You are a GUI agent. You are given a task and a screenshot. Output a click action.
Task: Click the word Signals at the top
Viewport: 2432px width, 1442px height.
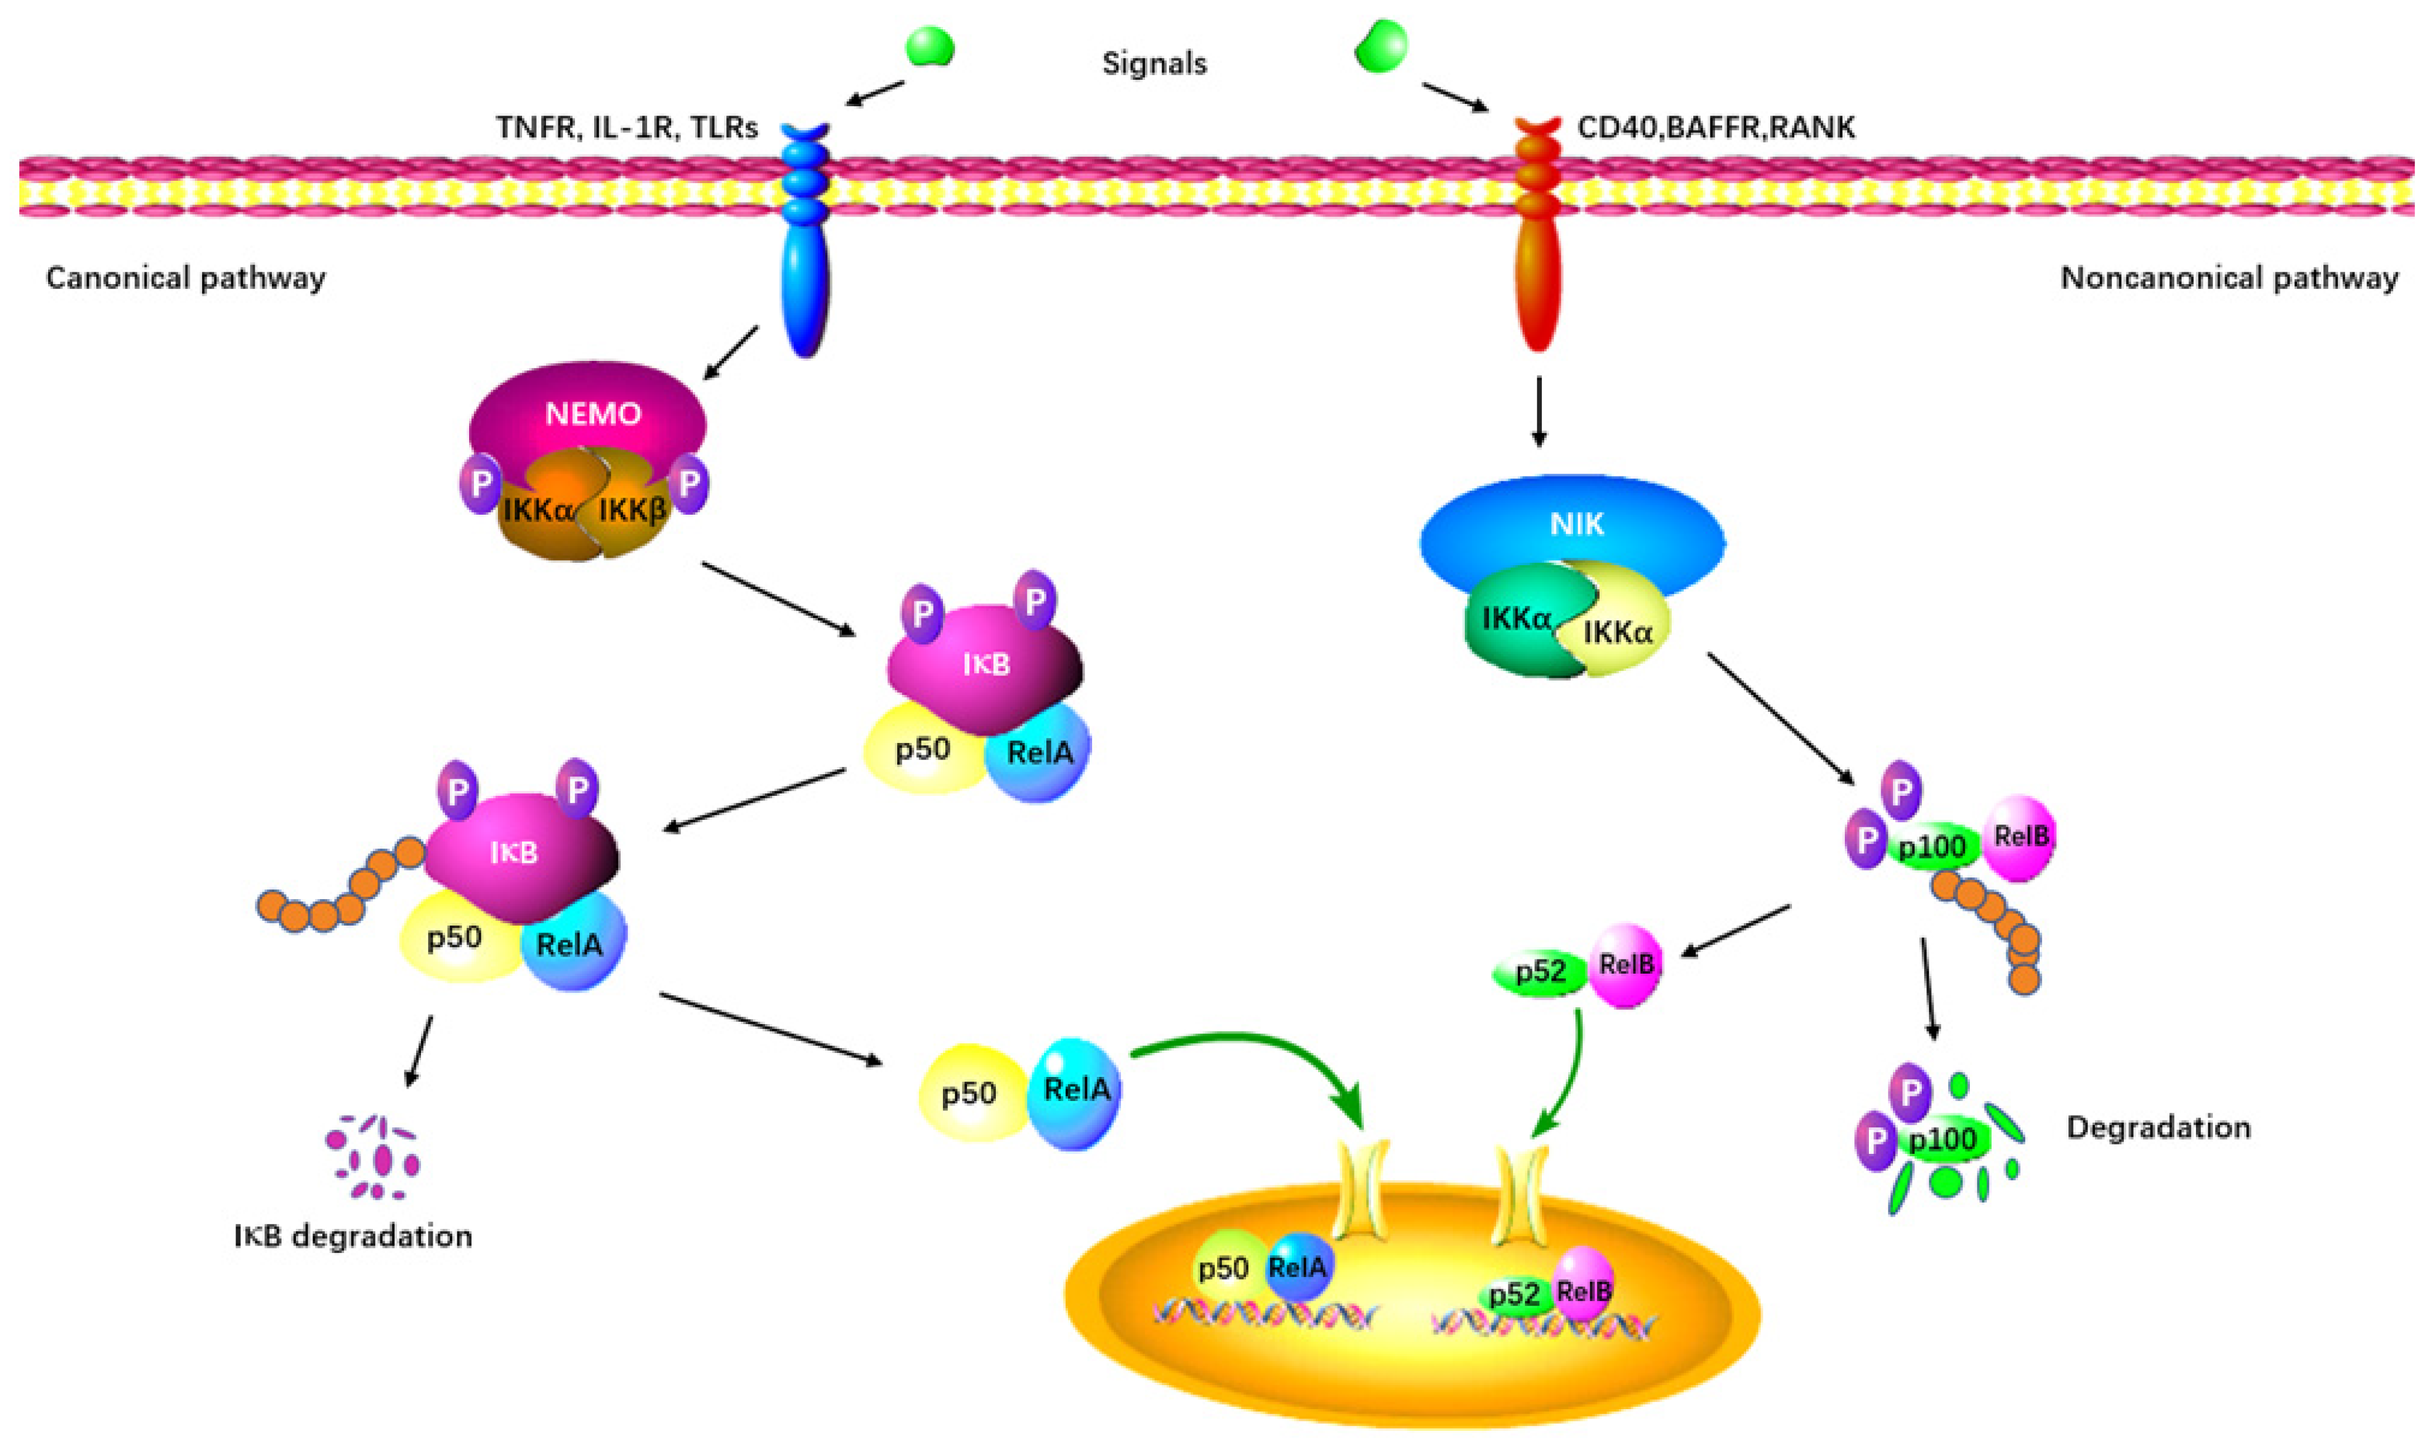1154,64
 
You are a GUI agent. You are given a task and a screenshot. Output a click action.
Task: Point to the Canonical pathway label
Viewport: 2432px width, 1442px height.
186,279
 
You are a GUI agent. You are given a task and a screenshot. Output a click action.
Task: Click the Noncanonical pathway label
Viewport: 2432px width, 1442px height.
2229,279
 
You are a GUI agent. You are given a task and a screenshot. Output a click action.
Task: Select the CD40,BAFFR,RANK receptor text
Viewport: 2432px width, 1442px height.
1716,127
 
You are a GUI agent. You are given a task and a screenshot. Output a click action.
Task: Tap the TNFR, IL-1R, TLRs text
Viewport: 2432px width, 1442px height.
627,127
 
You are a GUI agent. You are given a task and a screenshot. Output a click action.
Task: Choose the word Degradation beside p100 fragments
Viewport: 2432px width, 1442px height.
2158,1127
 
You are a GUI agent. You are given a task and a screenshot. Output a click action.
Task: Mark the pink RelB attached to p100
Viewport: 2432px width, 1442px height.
2019,837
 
